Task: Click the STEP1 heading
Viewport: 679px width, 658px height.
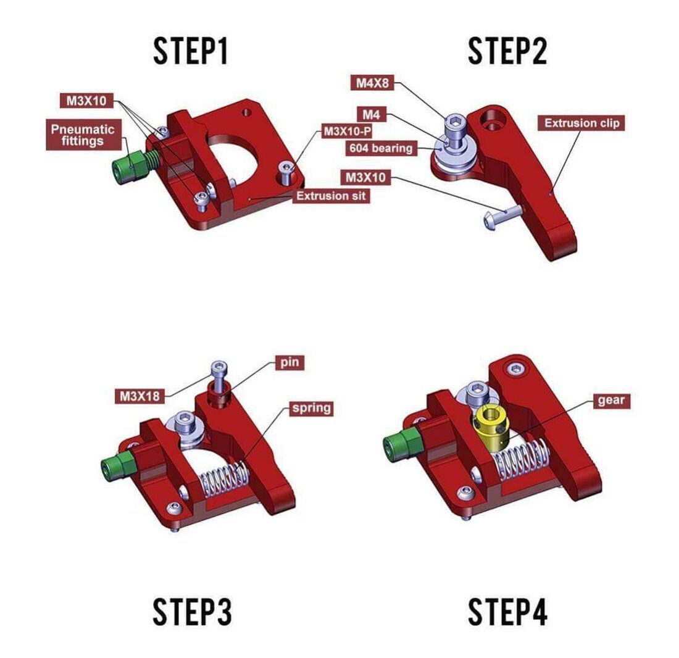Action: (191, 51)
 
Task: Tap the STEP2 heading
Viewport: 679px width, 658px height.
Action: (507, 51)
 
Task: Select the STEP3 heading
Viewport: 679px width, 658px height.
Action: (192, 612)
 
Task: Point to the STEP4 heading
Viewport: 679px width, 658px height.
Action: (507, 612)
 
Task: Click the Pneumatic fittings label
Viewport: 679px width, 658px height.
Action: (83, 135)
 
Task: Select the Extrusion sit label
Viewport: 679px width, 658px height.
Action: (331, 196)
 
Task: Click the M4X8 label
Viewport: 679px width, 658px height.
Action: (373, 82)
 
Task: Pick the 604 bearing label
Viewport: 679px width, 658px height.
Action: (381, 148)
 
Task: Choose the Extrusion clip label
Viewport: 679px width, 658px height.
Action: (581, 123)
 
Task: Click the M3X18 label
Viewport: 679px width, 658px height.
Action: (140, 396)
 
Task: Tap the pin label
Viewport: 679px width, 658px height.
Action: (290, 362)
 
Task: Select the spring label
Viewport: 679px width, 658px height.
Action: (311, 408)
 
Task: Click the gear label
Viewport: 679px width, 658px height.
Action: (611, 400)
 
